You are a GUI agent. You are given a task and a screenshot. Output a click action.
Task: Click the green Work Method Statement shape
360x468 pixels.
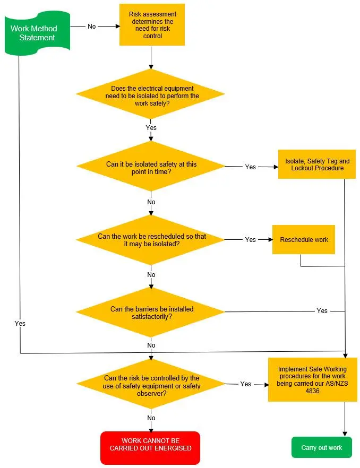pos(37,33)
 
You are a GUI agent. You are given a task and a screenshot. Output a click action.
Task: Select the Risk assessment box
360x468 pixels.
pos(152,25)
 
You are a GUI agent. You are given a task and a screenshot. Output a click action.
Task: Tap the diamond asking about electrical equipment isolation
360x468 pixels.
pos(151,94)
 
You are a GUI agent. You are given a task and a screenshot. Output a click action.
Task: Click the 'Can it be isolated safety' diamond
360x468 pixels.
pos(151,166)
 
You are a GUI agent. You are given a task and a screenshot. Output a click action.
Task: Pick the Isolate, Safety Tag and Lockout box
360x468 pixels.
pos(317,164)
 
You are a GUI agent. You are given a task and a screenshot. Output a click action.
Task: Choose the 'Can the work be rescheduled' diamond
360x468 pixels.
pos(151,240)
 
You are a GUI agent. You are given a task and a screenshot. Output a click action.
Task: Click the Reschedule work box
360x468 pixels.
pos(304,240)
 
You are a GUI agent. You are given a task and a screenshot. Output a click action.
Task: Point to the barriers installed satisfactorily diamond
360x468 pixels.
pos(151,312)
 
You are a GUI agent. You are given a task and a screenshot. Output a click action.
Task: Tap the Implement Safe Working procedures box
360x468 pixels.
pos(313,380)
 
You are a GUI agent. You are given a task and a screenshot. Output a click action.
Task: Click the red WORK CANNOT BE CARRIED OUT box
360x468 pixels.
pos(150,448)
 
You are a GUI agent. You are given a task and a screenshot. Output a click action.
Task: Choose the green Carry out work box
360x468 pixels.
pos(322,447)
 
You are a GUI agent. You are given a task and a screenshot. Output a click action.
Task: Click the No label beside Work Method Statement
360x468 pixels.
pos(92,27)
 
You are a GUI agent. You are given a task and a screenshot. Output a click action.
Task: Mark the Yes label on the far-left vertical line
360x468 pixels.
pos(20,323)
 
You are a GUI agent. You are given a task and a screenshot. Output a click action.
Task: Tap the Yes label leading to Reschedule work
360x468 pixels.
pos(251,239)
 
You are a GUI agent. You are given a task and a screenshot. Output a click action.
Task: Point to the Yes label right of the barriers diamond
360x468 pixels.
pos(322,311)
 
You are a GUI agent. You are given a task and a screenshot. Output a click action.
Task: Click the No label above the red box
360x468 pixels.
pos(151,418)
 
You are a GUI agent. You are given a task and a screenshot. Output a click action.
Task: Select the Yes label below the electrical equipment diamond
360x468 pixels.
pos(151,127)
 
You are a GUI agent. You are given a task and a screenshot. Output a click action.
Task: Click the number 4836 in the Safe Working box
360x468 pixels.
pos(313,391)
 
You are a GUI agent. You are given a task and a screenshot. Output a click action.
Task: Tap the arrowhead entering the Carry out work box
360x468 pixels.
pos(345,434)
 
